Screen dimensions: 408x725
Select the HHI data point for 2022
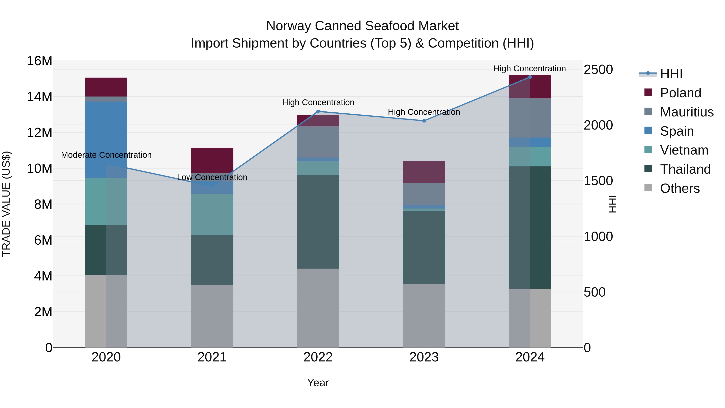(318, 111)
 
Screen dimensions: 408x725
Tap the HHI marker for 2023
(424, 121)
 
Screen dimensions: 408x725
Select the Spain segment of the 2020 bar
(106, 140)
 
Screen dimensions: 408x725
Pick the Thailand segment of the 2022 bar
(318, 222)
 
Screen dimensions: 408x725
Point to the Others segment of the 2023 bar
(424, 316)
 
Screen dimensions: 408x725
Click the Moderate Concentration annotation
(106, 155)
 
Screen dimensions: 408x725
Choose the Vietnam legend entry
(684, 150)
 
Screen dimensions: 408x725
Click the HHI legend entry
(671, 74)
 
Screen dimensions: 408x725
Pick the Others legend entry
(679, 188)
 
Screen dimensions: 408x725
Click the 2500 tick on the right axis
(598, 70)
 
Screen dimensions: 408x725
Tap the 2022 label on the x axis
(318, 357)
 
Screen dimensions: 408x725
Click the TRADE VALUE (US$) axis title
(6, 204)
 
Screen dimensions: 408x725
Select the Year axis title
(318, 383)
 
